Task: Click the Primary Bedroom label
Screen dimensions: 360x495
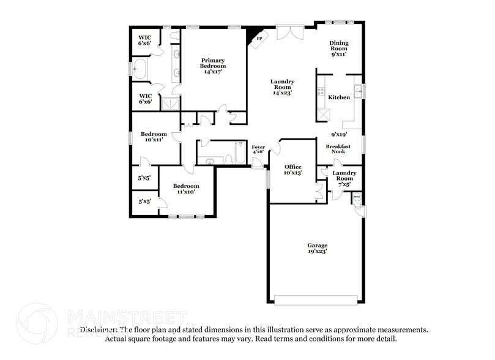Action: click(213, 66)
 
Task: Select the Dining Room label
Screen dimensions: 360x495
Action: click(340, 48)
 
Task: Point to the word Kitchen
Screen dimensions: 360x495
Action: click(339, 97)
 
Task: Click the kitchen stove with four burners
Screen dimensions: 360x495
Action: click(320, 92)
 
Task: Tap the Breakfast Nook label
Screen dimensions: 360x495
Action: click(338, 149)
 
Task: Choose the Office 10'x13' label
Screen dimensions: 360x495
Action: click(293, 170)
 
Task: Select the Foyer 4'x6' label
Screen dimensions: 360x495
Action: click(258, 149)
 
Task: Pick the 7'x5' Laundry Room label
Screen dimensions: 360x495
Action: click(343, 178)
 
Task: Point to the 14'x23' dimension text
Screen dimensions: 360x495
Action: click(282, 93)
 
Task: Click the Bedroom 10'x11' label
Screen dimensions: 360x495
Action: click(154, 137)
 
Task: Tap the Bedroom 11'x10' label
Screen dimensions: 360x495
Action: click(185, 189)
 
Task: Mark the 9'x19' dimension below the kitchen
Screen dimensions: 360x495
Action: click(339, 134)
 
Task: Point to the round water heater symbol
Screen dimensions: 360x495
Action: click(357, 198)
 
